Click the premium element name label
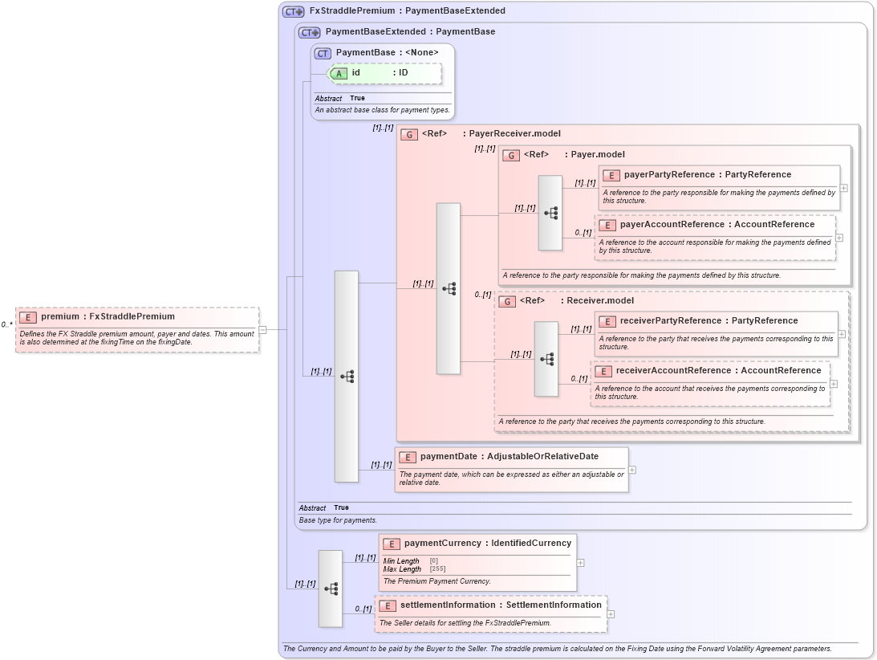108,316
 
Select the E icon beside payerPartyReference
611,175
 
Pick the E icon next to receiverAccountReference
603,371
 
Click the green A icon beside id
339,73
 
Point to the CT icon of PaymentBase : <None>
323,53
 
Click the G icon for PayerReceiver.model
409,134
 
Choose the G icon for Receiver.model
507,301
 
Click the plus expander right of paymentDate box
632,471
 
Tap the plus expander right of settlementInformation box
611,614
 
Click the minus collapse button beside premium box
262,329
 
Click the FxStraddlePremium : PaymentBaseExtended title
407,11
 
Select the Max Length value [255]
437,569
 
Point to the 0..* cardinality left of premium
6,325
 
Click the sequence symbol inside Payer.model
550,213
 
